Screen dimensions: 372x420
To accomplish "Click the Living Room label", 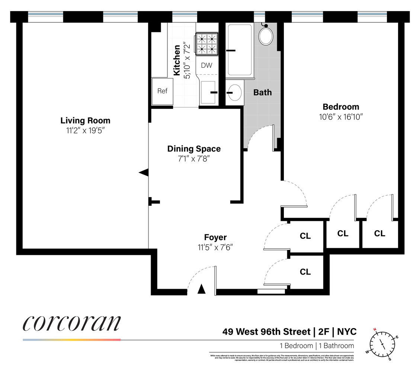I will tap(85, 121).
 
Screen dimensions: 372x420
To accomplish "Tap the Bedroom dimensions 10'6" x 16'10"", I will tap(340, 116).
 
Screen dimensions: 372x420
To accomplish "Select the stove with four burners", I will tap(206, 44).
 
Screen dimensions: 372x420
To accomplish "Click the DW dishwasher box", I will tap(206, 65).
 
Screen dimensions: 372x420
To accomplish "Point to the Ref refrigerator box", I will tap(162, 91).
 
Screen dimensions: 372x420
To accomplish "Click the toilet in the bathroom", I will tap(266, 35).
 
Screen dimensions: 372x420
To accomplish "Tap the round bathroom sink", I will tap(234, 92).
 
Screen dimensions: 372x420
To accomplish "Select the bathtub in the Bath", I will tap(240, 50).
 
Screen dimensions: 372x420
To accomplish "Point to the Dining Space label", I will tap(193, 149).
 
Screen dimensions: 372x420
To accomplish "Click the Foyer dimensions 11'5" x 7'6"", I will tap(215, 246).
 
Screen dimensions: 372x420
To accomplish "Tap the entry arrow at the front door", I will tap(201, 289).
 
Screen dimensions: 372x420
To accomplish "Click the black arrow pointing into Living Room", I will tap(144, 172).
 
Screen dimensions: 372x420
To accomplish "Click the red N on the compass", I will tap(375, 329).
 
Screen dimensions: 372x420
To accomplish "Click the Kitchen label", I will tap(177, 60).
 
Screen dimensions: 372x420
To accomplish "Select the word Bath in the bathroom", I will tap(263, 92).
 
